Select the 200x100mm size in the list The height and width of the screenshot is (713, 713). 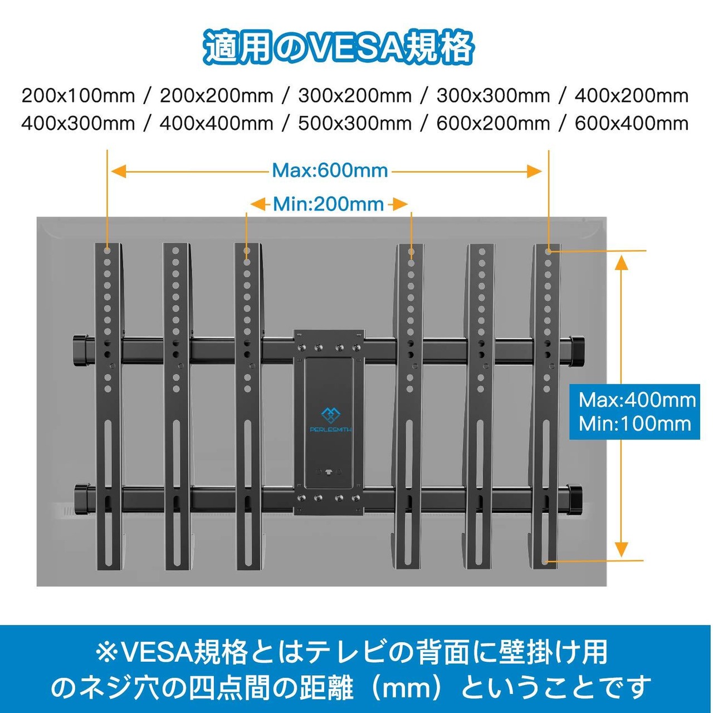click(78, 96)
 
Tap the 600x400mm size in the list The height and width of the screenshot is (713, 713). click(631, 123)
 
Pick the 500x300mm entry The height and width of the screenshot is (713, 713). click(354, 123)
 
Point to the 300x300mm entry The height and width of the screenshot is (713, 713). click(493, 96)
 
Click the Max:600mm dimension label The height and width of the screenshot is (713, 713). click(330, 170)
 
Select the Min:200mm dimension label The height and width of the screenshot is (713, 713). click(328, 204)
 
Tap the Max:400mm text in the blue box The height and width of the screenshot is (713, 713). click(637, 400)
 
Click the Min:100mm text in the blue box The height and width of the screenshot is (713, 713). click(634, 424)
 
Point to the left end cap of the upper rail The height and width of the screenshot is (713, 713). click(80, 349)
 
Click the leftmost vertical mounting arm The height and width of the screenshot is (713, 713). click(108, 407)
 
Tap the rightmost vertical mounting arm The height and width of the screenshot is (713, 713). click(547, 407)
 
